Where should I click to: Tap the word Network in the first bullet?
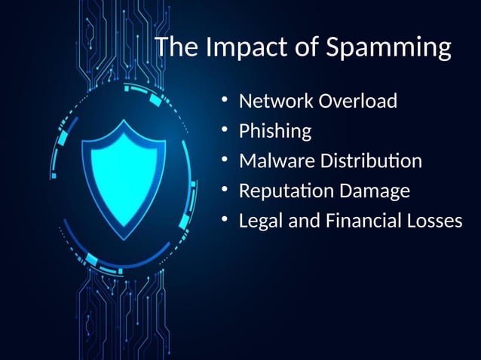coord(274,101)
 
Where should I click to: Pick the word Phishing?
coord(275,131)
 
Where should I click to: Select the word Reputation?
coord(286,191)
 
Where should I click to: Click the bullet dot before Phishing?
coord(224,130)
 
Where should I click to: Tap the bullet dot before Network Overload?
coord(224,100)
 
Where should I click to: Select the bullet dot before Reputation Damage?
coord(224,191)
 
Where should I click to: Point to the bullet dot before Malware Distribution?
coord(224,160)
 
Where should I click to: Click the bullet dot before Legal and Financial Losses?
coord(224,221)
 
